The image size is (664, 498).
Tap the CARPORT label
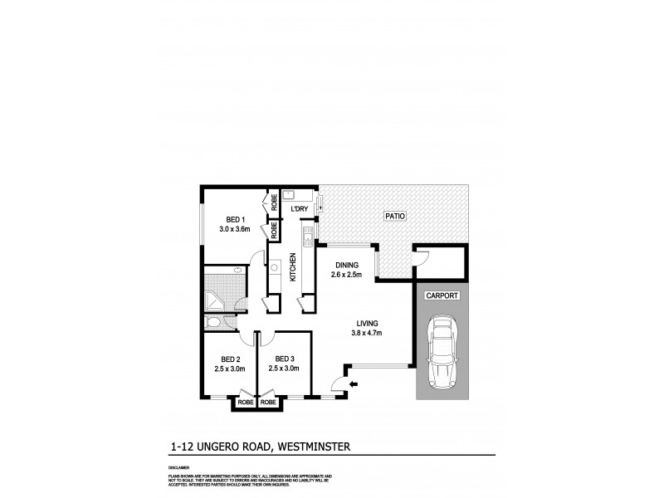coord(440,295)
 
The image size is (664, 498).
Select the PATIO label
coord(394,216)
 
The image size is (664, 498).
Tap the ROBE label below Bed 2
coord(246,403)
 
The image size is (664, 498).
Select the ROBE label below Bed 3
coord(268,403)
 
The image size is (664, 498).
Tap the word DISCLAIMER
coord(178,467)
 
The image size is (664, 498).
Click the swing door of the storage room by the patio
coord(422,259)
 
